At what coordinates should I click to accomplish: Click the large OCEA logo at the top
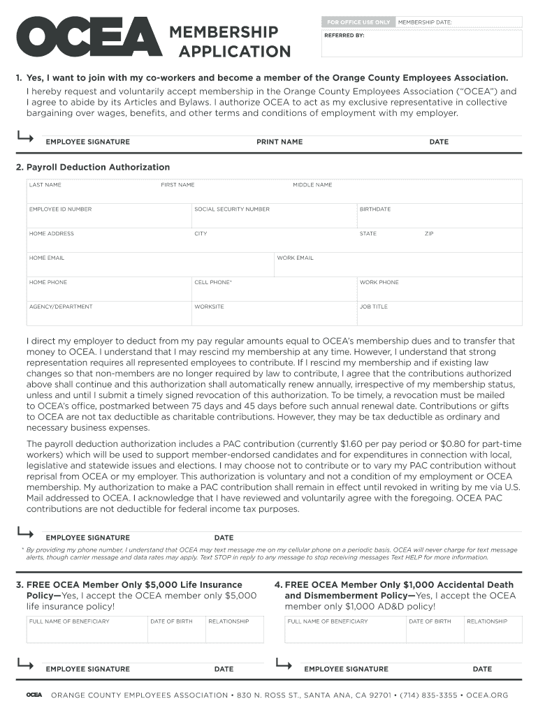(88, 39)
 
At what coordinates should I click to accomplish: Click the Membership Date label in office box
(425, 22)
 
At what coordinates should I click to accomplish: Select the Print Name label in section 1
(279, 142)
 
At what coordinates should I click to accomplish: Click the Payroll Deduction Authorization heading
(98, 168)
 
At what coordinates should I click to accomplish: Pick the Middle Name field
(405, 192)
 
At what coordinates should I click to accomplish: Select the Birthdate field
(439, 216)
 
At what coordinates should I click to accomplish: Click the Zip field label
(429, 234)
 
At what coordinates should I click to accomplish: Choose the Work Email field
(398, 265)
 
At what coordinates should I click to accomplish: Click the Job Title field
(439, 314)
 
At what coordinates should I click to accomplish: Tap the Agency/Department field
(108, 314)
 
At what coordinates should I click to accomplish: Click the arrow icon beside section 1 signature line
(25, 138)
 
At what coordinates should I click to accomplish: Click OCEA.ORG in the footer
(487, 695)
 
